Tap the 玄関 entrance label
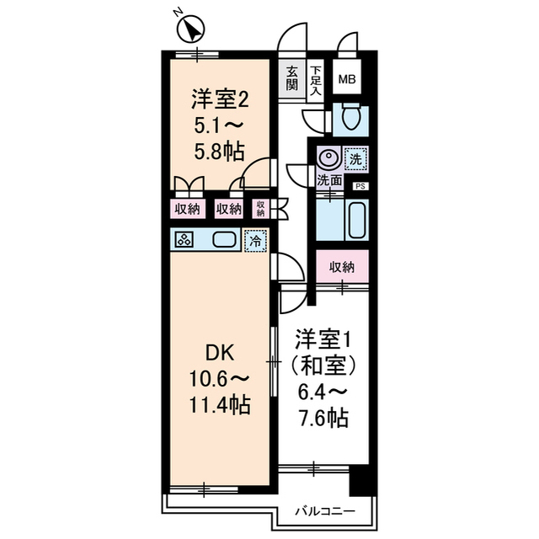291,77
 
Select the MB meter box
346,80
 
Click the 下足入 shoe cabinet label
316,77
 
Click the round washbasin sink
328,157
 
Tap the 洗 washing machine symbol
355,157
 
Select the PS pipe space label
360,186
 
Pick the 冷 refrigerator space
255,239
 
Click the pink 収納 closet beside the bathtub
342,267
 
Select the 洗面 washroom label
328,180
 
